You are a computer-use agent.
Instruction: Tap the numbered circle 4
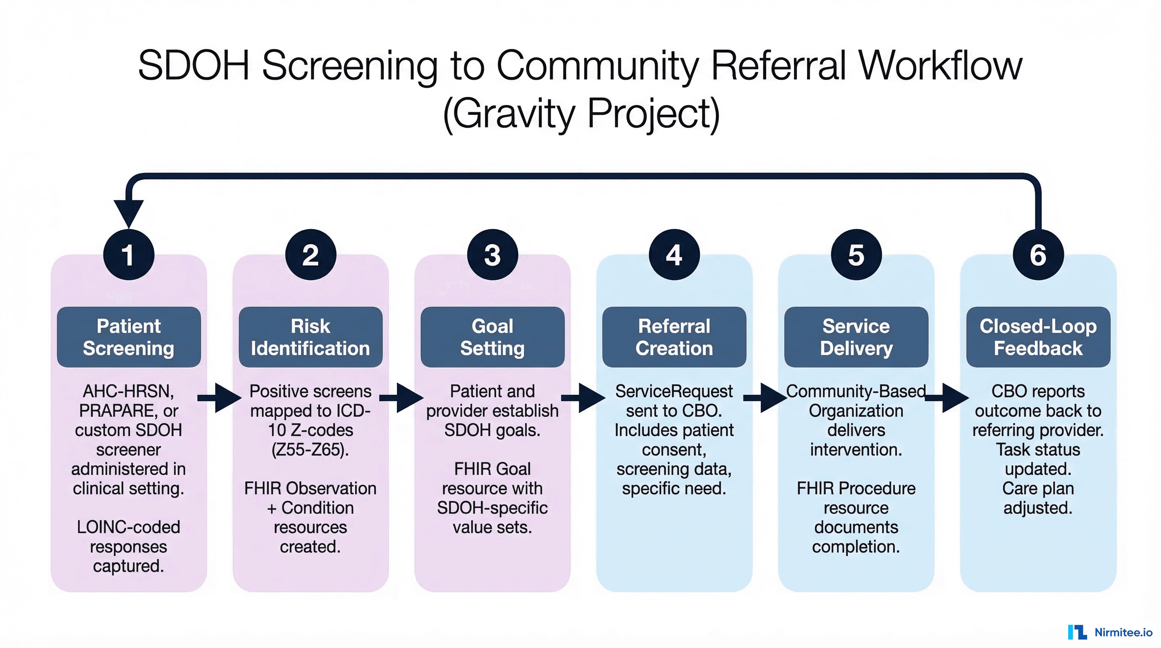pos(674,255)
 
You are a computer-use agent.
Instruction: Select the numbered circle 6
pos(1037,255)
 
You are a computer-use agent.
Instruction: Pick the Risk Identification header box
pos(310,337)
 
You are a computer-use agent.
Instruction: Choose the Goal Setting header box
pos(492,337)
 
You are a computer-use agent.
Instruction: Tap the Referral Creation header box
pos(674,337)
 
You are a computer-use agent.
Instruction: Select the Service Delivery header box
pos(856,337)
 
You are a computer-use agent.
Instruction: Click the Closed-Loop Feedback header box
pos(1037,337)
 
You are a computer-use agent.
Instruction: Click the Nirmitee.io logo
pos(1110,632)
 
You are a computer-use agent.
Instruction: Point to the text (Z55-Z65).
pos(310,449)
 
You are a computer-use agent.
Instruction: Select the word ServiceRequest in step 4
pos(674,391)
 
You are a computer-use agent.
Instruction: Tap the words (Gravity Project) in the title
pos(581,113)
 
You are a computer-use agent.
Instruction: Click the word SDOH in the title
pos(193,66)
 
